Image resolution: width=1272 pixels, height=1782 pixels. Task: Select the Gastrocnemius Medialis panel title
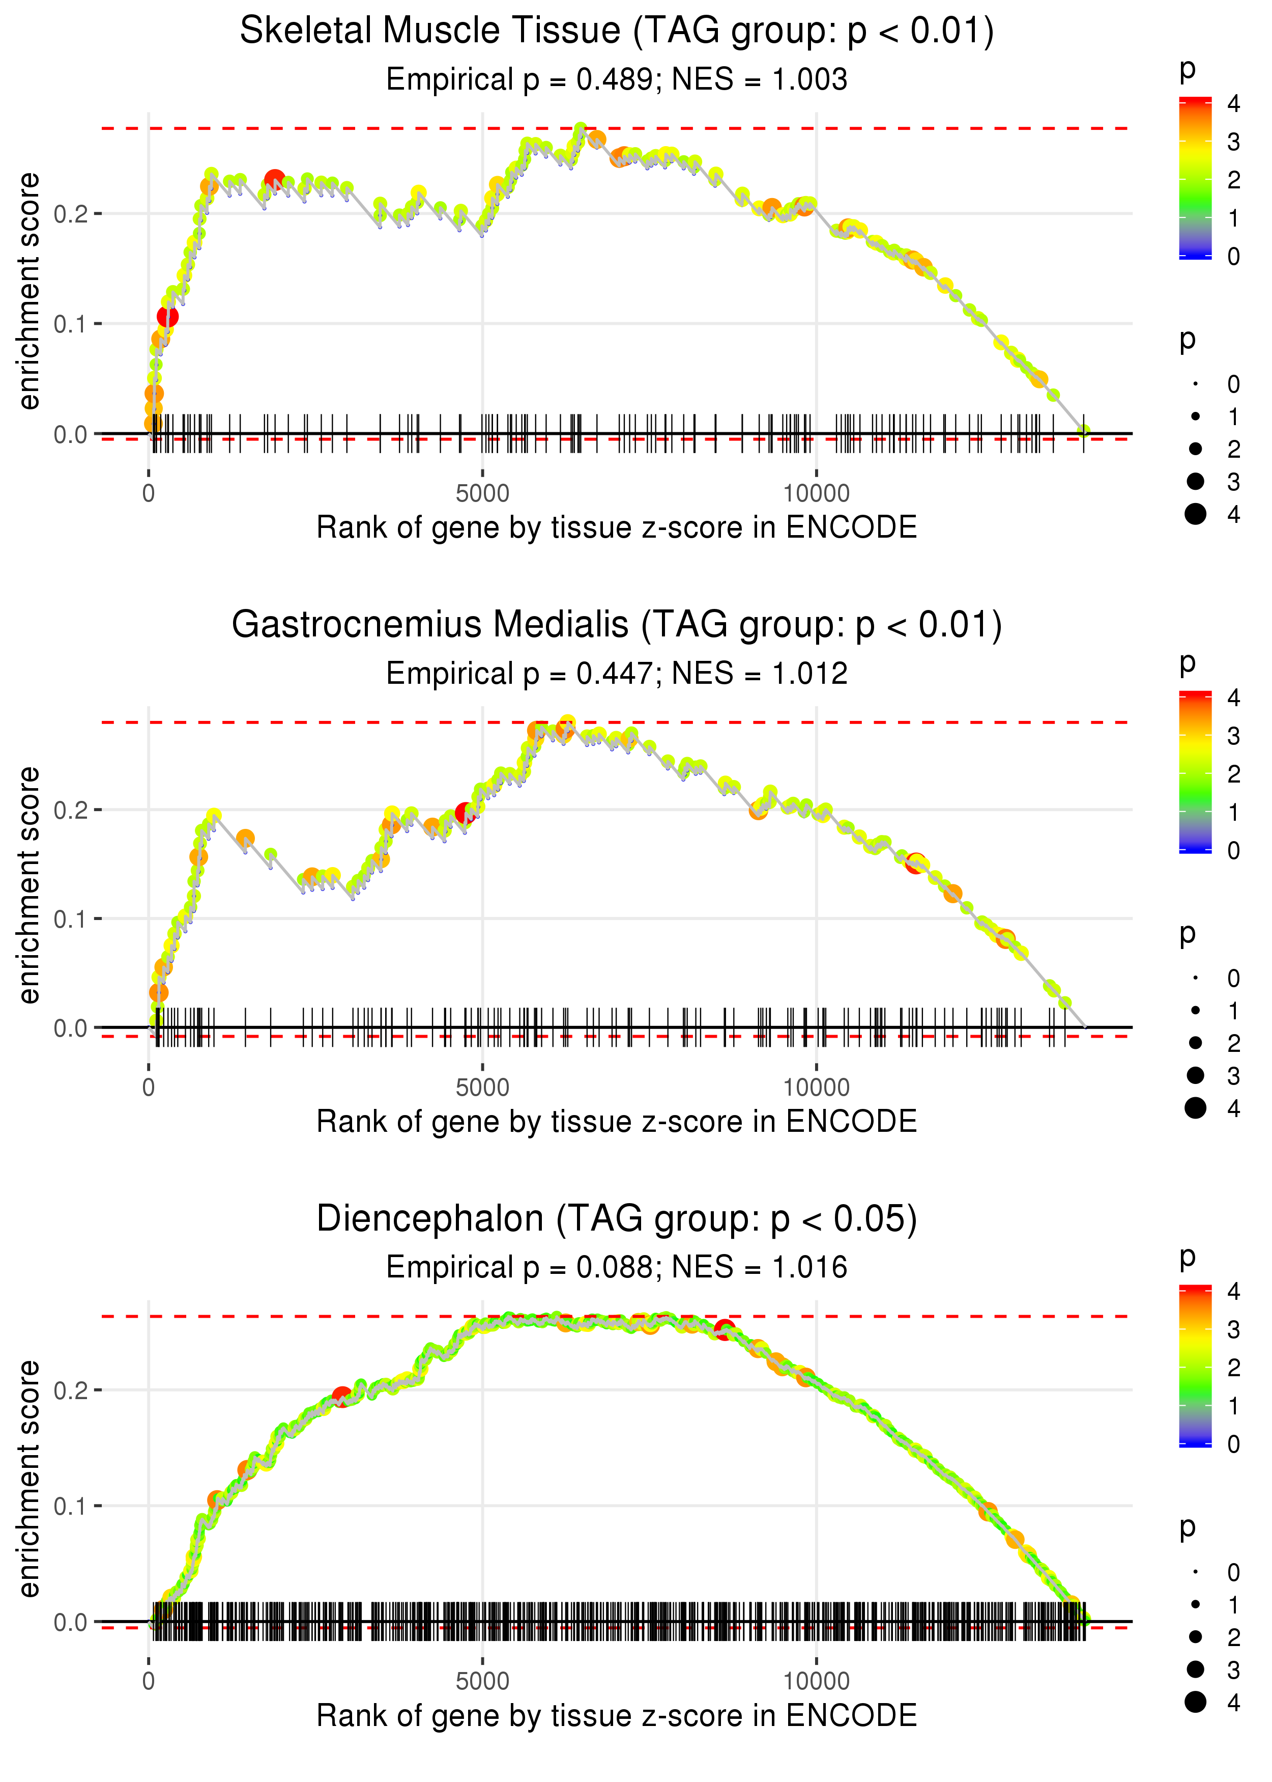coord(617,625)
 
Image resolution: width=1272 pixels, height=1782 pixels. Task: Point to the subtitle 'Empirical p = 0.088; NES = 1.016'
coord(617,1268)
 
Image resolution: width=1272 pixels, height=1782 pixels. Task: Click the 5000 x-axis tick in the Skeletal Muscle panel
coord(482,494)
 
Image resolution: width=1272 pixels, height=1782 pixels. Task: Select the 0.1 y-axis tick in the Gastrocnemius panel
coord(71,918)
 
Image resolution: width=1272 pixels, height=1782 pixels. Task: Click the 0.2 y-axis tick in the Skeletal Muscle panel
coord(71,214)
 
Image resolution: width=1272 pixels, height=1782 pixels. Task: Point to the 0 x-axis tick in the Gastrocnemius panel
coord(149,1088)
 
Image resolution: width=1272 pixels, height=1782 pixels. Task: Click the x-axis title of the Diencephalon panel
coord(617,1716)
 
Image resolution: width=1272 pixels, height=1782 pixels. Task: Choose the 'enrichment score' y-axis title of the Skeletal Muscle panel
coord(29,292)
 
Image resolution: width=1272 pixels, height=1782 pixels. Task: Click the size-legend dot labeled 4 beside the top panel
coord(1195,514)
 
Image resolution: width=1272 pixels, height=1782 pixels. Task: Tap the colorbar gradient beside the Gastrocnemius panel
coord(1195,772)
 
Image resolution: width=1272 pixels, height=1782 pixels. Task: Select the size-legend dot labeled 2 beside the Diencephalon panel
coord(1195,1637)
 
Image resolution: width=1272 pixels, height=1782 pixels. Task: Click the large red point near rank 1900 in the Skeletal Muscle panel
coord(274,180)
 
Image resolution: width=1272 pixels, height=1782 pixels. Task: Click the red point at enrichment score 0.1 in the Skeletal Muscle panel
coord(167,317)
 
